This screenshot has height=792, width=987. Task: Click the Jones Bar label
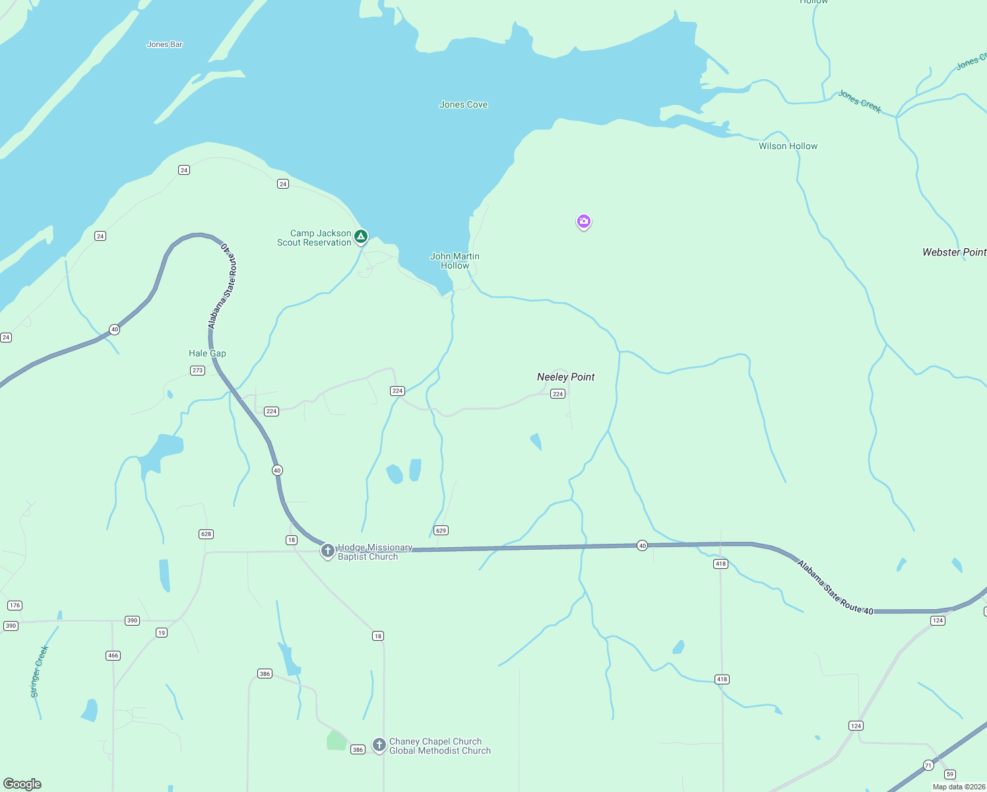(x=164, y=44)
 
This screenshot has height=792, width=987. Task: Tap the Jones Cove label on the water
(x=463, y=104)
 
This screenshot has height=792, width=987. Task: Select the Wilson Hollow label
(x=788, y=146)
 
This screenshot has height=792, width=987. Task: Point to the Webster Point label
(x=953, y=252)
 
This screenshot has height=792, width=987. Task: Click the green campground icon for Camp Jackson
(x=361, y=236)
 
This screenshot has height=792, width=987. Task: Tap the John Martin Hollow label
(x=455, y=261)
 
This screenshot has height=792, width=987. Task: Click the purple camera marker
(x=583, y=221)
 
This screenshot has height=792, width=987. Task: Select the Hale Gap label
(x=207, y=353)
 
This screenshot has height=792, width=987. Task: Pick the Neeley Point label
(x=565, y=377)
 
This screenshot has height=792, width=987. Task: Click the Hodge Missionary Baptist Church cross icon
(x=328, y=550)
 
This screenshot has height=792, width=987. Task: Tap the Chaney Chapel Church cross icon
(x=379, y=744)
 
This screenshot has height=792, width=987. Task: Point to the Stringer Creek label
(x=40, y=671)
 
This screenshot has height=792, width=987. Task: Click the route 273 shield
(x=197, y=370)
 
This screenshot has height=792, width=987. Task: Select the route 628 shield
(x=206, y=534)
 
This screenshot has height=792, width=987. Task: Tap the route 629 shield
(x=441, y=530)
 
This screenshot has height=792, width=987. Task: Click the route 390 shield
(x=132, y=620)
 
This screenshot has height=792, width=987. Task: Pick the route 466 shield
(x=113, y=655)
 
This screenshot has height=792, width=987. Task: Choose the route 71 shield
(x=928, y=766)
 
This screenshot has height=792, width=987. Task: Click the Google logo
(x=22, y=784)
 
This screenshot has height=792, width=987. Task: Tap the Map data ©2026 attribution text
(x=959, y=787)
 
